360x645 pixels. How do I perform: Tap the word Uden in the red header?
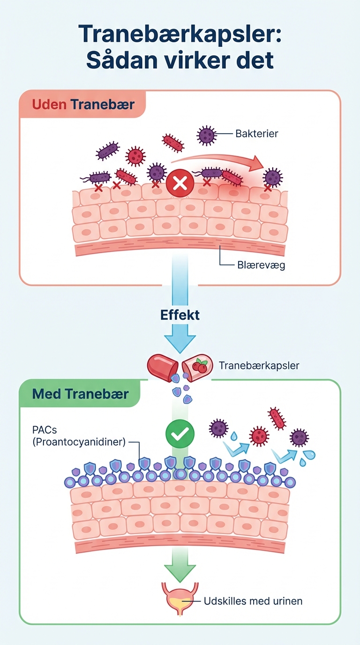click(50, 104)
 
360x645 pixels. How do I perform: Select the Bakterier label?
click(257, 134)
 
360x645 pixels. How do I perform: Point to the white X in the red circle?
click(180, 182)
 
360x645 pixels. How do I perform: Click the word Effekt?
click(180, 314)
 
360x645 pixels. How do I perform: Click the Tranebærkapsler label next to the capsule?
click(259, 366)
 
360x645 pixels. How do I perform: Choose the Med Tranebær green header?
click(80, 394)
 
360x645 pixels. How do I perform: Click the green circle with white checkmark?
click(180, 435)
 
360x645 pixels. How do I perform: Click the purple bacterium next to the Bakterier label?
click(206, 135)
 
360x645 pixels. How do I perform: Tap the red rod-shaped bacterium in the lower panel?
click(277, 418)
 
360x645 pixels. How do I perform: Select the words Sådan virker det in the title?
click(180, 60)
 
